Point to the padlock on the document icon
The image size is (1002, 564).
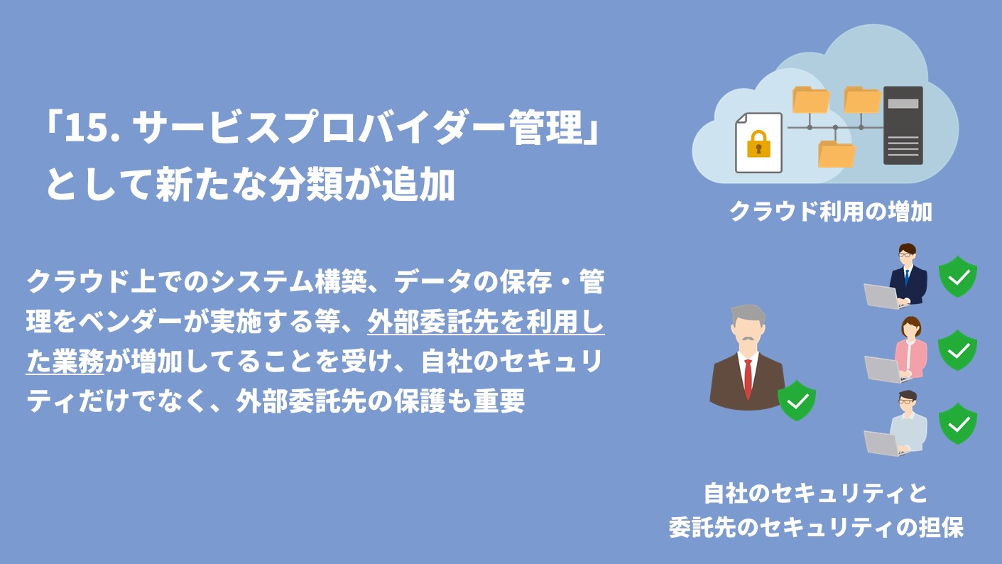tap(758, 144)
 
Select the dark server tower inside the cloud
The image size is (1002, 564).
tap(903, 125)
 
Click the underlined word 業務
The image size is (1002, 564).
tap(78, 363)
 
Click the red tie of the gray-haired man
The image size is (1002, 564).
tap(748, 379)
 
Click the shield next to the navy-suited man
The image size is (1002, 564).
tap(958, 276)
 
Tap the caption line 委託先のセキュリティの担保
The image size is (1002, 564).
tap(816, 528)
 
